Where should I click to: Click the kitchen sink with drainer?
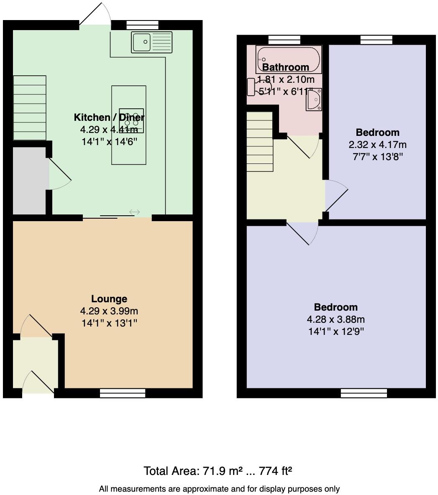(152, 42)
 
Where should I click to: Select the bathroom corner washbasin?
(314, 100)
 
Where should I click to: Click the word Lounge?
(109, 299)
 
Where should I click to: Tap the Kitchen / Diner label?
(109, 117)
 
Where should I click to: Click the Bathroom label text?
(286, 67)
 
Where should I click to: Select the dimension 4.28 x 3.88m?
(336, 319)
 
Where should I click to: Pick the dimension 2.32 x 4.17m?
(377, 145)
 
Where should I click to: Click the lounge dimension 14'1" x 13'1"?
(109, 323)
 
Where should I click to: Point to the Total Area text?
(218, 471)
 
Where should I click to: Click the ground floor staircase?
(30, 108)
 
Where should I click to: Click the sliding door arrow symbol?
(134, 212)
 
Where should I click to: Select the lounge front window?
(123, 393)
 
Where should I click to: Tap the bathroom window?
(284, 40)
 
